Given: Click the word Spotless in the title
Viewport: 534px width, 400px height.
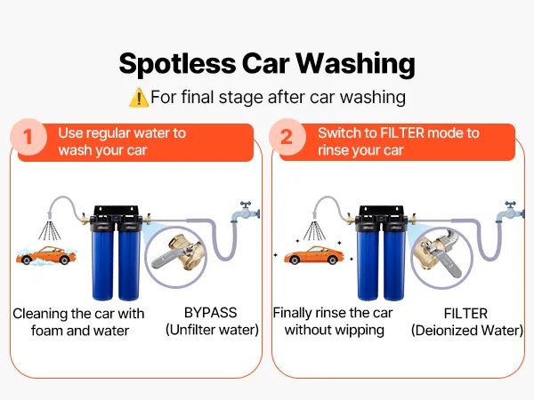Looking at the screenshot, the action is tap(177, 64).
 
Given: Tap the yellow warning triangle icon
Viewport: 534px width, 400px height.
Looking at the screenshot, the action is tap(139, 98).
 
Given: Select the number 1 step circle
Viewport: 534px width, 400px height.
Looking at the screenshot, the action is tap(28, 137).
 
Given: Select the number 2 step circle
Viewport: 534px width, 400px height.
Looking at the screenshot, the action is tap(287, 137).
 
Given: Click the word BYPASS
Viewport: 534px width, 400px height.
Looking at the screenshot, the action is tap(210, 313).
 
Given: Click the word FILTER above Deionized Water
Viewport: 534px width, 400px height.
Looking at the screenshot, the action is tap(465, 313).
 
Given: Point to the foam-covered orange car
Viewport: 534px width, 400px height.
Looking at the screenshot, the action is tap(46, 255).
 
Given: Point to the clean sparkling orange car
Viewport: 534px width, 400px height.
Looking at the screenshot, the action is tap(313, 255).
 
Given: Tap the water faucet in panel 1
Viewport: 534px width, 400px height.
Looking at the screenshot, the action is tap(246, 212).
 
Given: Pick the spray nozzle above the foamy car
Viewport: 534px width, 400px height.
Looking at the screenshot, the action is tap(50, 215).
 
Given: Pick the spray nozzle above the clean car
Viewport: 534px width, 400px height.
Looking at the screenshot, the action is tap(315, 214).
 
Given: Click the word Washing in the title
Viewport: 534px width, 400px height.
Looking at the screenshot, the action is tap(355, 64).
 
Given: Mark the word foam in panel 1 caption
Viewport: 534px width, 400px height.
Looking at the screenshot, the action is tap(46, 331).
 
